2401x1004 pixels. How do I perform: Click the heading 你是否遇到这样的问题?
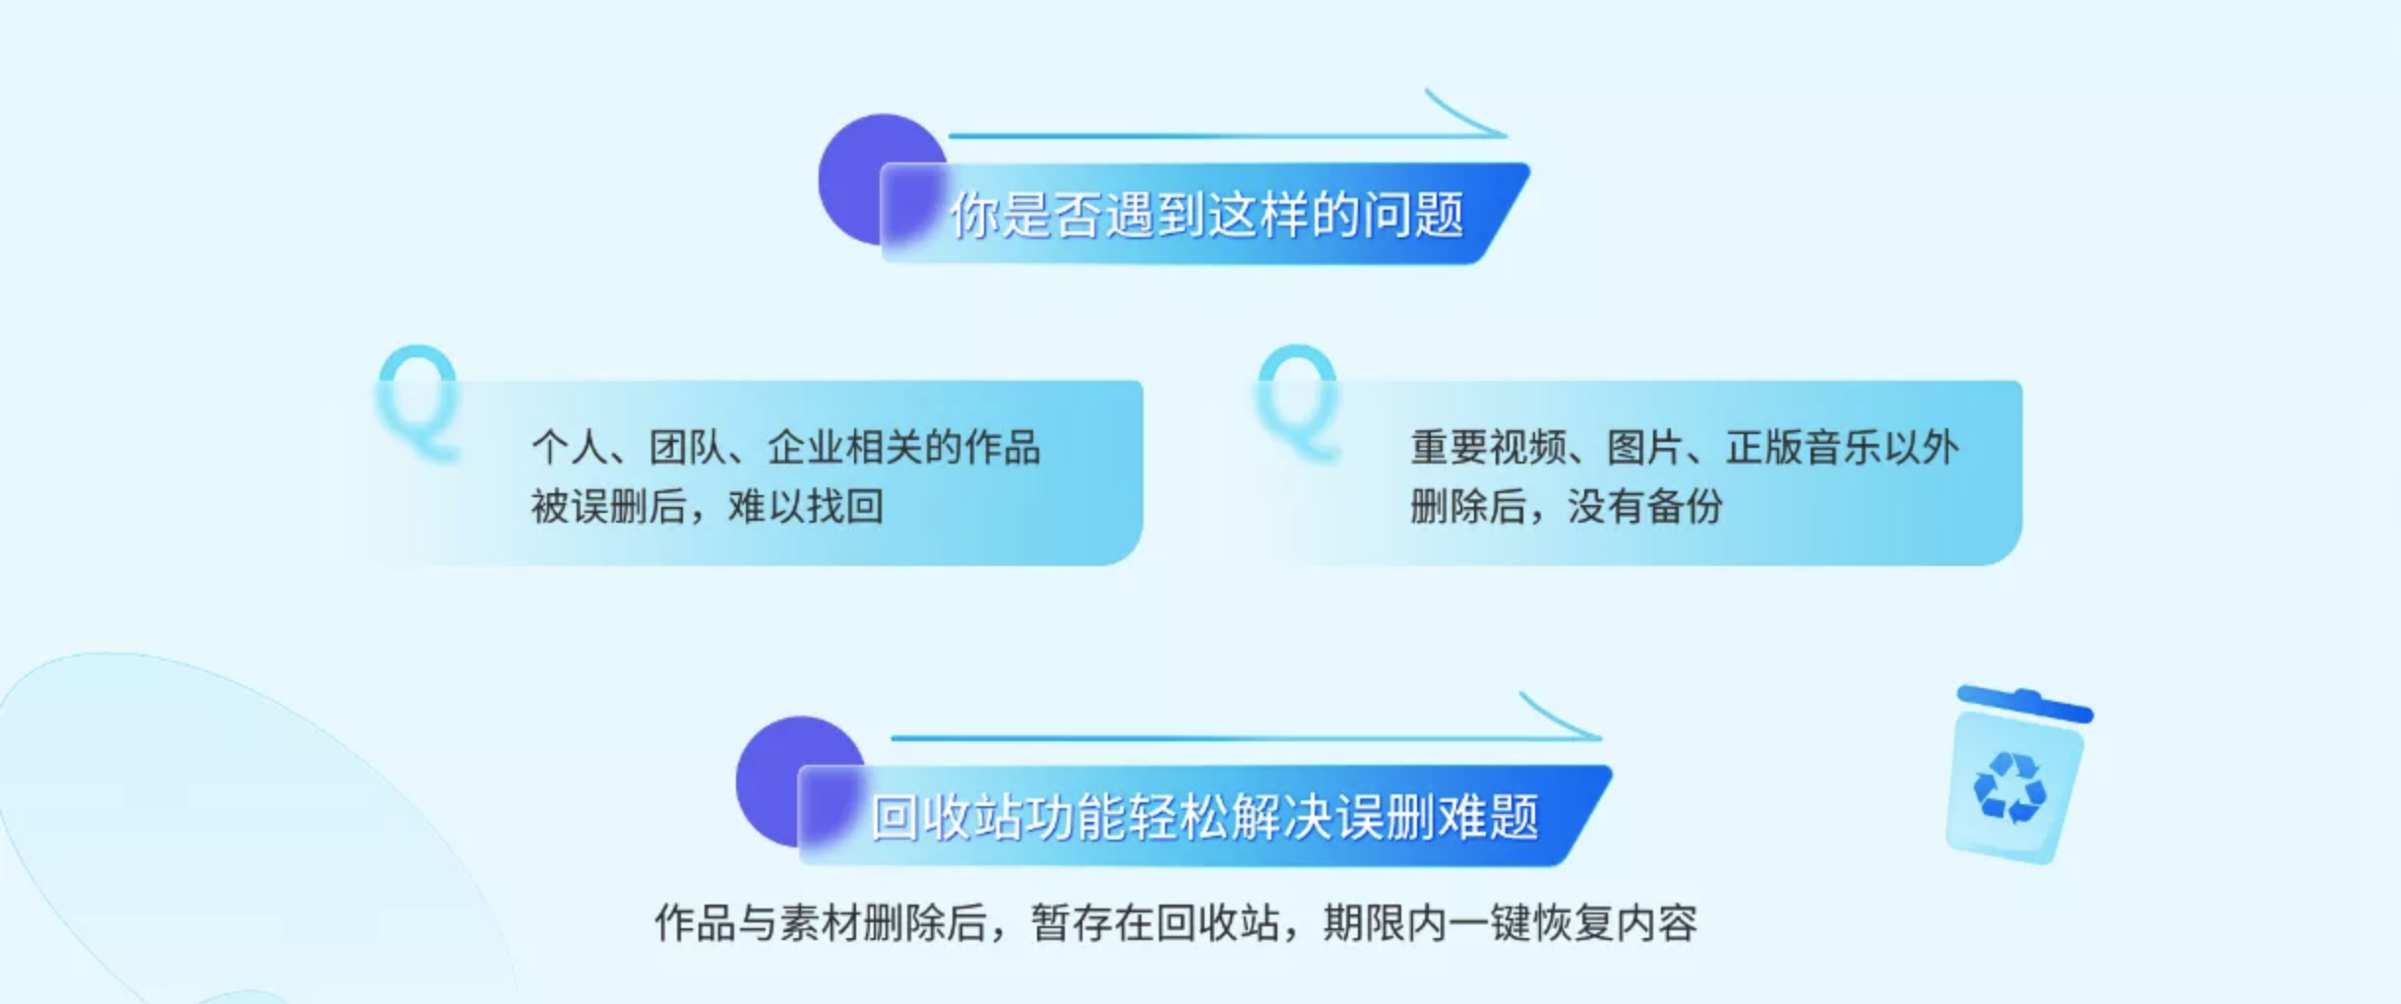pyautogui.click(x=1206, y=215)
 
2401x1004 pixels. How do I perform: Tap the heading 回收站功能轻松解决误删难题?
pyautogui.click(x=1205, y=817)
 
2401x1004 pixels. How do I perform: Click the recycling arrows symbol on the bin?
pyautogui.click(x=2010, y=787)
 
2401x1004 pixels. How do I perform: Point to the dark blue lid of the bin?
pyautogui.click(x=2025, y=703)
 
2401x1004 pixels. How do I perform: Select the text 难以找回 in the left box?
pyautogui.click(x=805, y=507)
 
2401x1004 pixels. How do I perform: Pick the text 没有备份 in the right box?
pyautogui.click(x=1645, y=507)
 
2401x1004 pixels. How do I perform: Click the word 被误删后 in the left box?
pyautogui.click(x=608, y=507)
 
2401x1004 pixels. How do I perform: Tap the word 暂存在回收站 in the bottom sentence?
pyautogui.click(x=1155, y=923)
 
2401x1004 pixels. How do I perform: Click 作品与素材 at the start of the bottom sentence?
pyautogui.click(x=757, y=923)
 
